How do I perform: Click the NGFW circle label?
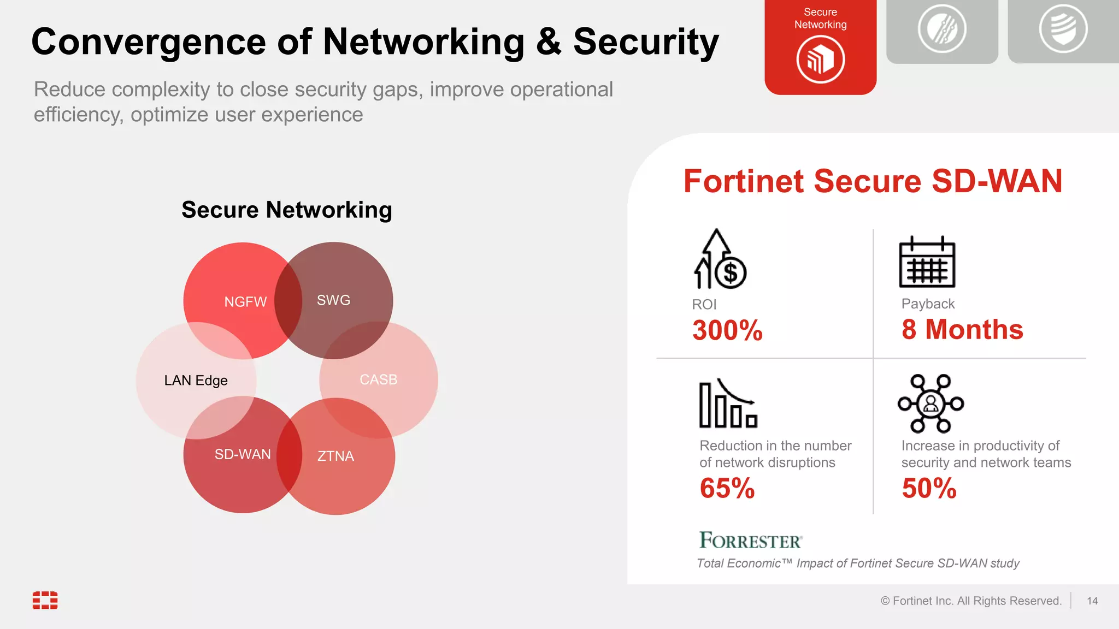point(245,302)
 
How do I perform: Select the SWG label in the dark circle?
point(333,300)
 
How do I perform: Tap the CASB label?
point(378,379)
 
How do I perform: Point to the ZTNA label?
point(335,456)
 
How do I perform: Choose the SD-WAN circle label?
point(243,454)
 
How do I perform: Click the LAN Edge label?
point(196,381)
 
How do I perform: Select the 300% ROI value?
point(727,330)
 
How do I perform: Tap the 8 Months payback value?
point(962,329)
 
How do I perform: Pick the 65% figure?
point(727,488)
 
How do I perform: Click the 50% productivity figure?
point(929,488)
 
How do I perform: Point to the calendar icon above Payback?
point(927,262)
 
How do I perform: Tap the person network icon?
point(930,403)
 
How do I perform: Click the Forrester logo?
point(751,540)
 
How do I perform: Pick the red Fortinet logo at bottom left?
point(45,600)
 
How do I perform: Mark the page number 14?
point(1092,601)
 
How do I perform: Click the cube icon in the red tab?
point(820,60)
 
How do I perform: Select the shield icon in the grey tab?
point(1063,28)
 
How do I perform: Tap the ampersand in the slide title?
point(549,42)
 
